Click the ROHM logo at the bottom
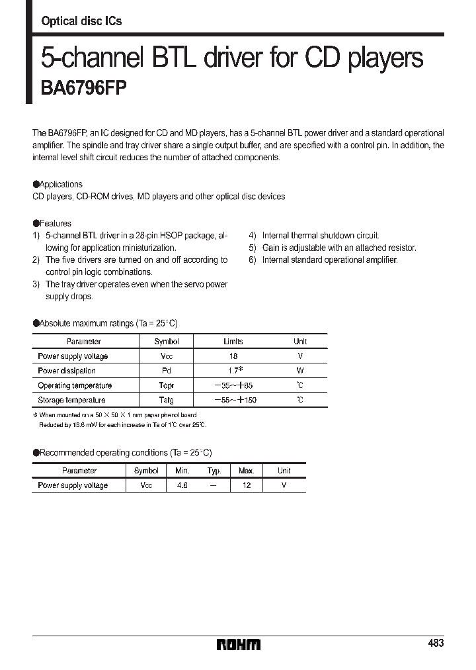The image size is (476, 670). (239, 644)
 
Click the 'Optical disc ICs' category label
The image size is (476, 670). (81, 21)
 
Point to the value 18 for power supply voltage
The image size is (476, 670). (233, 356)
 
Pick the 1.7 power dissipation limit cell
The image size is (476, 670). (233, 371)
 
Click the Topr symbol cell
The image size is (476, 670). (166, 385)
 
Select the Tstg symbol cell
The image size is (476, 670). (166, 400)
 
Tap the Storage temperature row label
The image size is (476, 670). (71, 400)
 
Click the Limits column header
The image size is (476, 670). (233, 342)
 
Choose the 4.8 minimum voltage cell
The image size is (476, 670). (182, 485)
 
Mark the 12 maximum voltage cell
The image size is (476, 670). (246, 485)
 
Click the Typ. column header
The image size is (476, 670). (214, 471)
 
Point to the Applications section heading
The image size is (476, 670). (58, 184)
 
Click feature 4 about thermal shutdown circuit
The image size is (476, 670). (314, 236)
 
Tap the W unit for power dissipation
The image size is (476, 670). (300, 371)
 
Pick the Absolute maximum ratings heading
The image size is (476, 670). (106, 323)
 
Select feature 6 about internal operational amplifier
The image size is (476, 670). (323, 260)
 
